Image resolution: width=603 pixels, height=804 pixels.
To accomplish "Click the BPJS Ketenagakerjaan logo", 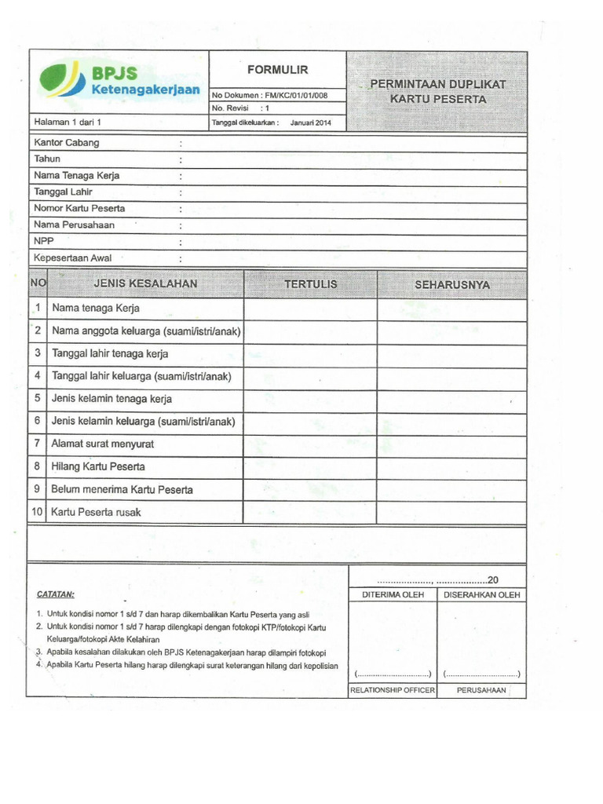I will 119,82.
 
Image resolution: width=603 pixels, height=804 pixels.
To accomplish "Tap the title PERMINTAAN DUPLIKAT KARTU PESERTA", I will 439,91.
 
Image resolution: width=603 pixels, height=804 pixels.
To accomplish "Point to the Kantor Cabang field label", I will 67,143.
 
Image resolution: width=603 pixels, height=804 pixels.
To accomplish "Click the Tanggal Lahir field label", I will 64,192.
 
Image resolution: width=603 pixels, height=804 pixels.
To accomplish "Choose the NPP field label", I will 43,241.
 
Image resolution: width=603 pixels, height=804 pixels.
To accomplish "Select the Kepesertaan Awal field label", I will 73,258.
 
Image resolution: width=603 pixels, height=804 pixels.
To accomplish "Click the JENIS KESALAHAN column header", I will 145,283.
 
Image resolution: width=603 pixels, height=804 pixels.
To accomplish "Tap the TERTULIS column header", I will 311,283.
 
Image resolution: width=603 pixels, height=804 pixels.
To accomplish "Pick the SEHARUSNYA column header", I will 452,284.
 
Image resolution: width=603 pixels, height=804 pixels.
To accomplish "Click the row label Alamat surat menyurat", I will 103,444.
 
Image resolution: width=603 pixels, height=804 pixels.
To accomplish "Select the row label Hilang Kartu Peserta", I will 98,467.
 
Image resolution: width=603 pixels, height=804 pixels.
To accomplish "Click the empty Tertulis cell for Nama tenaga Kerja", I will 311,309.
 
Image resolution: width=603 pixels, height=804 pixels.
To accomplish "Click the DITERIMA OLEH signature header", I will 393,595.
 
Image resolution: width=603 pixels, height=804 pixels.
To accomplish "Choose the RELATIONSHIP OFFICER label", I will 393,690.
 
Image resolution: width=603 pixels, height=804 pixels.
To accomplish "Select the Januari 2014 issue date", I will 311,122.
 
